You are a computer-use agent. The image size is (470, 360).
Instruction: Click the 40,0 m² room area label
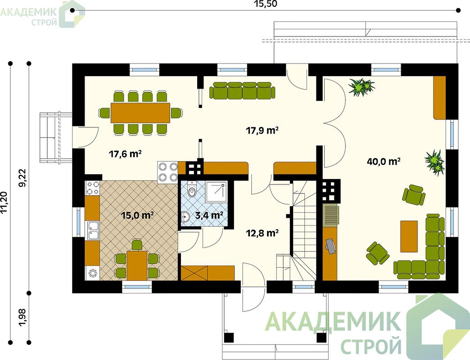pos(384,162)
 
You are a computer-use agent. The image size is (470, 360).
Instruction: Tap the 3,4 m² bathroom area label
pos(209,216)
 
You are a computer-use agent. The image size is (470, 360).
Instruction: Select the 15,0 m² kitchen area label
pos(137,215)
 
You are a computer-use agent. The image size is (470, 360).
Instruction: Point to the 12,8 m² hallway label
pos(262,233)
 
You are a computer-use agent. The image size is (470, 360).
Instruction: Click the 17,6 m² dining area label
pos(125,154)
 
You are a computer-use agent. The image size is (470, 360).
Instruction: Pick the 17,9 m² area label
pos(262,130)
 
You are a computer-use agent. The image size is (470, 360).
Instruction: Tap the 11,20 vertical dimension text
pos(4,202)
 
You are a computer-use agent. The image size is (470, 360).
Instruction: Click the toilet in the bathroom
pos(191,189)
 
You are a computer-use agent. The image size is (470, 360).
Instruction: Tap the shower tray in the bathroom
pos(216,192)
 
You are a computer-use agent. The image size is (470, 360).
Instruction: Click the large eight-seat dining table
pos(140,113)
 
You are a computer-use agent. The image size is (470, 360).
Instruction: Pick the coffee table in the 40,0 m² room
pos(409,236)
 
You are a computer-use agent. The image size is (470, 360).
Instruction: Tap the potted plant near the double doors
pos(362,87)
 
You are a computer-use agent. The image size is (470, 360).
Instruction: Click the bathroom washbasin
pos(186,216)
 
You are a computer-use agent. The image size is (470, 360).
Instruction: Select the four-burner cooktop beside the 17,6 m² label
pos(168,171)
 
